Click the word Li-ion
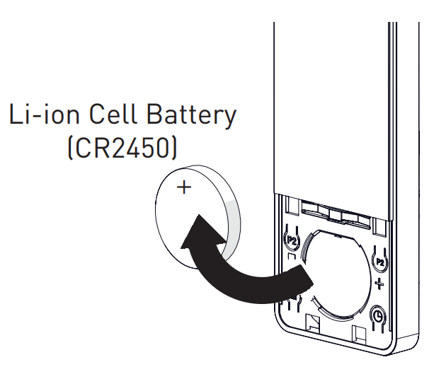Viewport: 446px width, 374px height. (44, 113)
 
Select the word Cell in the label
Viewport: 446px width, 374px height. (113, 113)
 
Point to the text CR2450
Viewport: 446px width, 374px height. (122, 148)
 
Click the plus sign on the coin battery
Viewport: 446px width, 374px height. (184, 187)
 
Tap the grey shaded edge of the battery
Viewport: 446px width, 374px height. (232, 227)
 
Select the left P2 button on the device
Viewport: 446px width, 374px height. (292, 240)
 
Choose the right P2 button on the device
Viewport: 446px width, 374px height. (380, 262)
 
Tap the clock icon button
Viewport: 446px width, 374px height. (378, 316)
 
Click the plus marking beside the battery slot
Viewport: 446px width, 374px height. (379, 284)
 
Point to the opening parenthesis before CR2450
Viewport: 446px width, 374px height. (70, 148)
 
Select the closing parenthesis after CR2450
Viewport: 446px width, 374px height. (174, 148)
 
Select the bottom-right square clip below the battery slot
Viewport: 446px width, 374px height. (359, 333)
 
